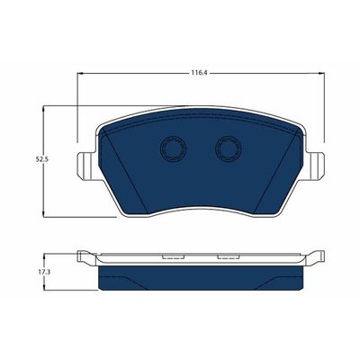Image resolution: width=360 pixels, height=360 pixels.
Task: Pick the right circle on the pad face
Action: point(226,150)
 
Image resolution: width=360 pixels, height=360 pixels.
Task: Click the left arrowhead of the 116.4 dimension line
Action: point(80,75)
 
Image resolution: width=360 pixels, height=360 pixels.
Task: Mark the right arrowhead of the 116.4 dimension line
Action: point(318,75)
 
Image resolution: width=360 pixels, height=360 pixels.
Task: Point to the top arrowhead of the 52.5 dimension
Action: point(44,109)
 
